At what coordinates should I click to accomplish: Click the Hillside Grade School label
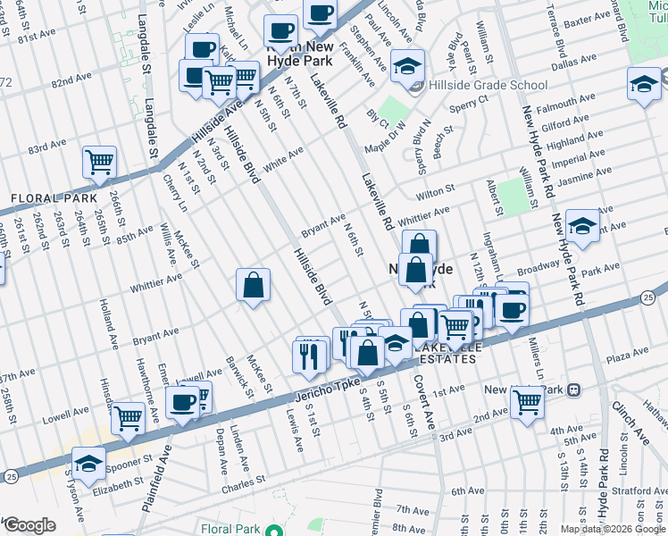(488, 86)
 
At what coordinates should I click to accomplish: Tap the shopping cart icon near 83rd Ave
(99, 163)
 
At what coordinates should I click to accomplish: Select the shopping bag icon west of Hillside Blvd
(254, 286)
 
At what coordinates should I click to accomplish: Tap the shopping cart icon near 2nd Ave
(526, 401)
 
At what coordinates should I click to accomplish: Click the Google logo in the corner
(29, 525)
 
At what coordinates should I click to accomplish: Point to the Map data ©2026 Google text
(612, 529)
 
